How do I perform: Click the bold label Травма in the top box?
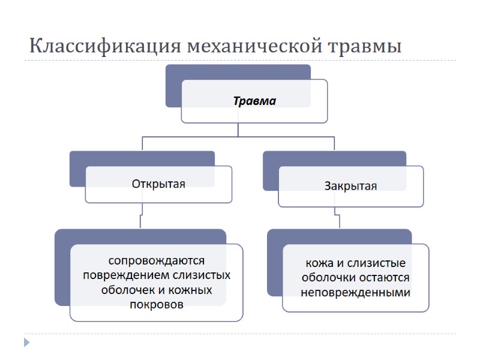254,101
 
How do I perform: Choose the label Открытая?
158,184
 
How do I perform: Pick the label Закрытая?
350,186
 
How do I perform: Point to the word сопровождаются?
157,261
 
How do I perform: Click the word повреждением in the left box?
127,275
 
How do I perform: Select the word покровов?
157,305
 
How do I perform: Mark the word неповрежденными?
356,293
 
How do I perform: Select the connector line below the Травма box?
238,130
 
